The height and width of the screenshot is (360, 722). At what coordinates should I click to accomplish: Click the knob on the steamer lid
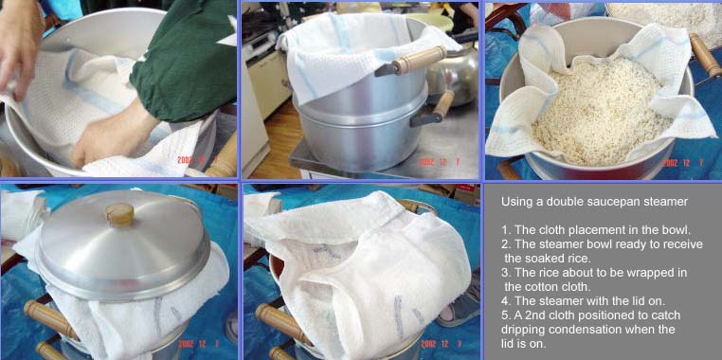[119, 214]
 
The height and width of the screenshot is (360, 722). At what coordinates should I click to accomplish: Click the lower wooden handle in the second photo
[433, 109]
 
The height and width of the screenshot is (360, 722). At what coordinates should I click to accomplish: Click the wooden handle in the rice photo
[705, 55]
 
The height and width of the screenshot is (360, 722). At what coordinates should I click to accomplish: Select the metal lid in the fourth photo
[122, 244]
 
